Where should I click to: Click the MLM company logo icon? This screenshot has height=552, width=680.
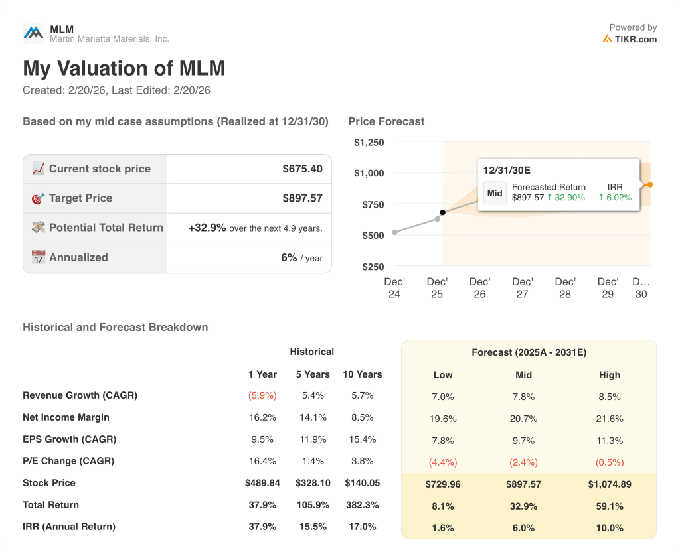[x=33, y=33]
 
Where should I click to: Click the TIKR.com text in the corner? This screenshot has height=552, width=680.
[x=636, y=39]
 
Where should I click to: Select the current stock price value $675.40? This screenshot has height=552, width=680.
[x=302, y=169]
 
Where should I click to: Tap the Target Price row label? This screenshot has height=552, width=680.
[x=80, y=198]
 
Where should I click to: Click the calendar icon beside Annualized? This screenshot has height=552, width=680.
[x=39, y=257]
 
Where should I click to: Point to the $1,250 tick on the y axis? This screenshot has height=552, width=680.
[x=369, y=142]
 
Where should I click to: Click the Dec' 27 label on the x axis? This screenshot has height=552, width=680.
[x=523, y=287]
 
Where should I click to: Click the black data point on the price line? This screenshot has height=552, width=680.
[x=443, y=213]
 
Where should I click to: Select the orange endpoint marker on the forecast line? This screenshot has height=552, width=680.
[x=650, y=184]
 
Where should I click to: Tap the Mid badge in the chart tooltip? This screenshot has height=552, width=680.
[x=495, y=193]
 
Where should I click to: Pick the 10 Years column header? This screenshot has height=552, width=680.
[x=362, y=374]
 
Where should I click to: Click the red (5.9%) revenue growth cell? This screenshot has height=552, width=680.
[x=262, y=395]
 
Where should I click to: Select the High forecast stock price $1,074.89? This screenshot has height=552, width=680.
[x=609, y=484]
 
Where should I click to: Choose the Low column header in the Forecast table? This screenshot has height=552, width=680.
[x=443, y=375]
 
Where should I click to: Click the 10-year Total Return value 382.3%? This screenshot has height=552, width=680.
[x=362, y=505]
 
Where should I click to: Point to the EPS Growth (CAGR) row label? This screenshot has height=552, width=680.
[x=69, y=439]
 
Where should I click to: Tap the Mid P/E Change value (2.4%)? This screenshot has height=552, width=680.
[x=523, y=462]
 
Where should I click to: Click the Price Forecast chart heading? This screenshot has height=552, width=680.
[x=386, y=121]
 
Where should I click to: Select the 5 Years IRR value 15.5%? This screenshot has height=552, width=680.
[x=313, y=527]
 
